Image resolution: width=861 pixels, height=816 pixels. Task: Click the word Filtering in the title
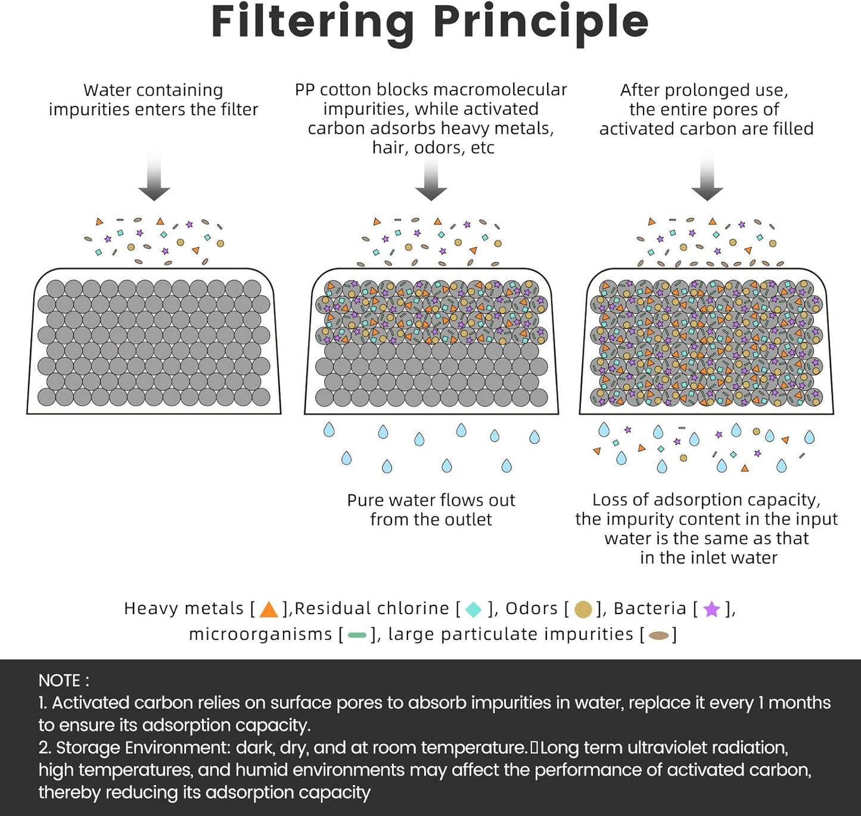312,23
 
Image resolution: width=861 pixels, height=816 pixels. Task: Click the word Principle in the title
540,23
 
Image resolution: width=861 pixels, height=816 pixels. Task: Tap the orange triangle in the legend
269,609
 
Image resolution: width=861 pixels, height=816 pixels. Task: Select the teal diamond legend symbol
474,609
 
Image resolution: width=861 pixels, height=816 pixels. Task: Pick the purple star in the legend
711,609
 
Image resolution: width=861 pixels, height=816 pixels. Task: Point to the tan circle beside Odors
583,609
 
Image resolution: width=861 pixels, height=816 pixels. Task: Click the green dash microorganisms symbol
357,636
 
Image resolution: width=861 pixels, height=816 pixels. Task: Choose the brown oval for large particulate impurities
658,636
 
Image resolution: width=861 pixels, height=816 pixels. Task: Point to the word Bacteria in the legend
650,608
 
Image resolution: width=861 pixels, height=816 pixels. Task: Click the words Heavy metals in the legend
184,608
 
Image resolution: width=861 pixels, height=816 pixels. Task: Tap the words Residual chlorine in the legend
372,608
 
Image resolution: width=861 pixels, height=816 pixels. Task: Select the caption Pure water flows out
431,500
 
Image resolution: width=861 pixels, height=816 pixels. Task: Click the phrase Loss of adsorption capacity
706,499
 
